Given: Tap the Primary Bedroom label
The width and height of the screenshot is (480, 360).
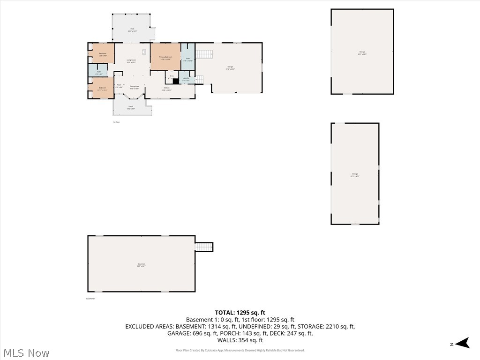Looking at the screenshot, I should click(x=165, y=57).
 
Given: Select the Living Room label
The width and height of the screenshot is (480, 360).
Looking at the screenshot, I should click(x=131, y=60).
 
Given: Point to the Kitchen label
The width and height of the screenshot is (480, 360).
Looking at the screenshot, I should click(x=166, y=88).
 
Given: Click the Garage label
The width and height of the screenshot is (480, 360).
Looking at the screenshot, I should click(x=230, y=67).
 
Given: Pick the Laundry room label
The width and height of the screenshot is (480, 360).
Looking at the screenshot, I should click(x=186, y=78).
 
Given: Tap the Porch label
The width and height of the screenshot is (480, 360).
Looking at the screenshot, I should click(x=131, y=107).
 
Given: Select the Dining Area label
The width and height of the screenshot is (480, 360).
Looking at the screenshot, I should click(x=134, y=87).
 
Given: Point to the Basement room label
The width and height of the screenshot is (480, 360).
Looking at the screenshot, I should click(x=142, y=264).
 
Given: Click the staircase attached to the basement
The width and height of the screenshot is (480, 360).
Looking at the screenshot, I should click(x=204, y=247).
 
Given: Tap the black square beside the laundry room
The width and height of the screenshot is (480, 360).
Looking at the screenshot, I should click(x=176, y=81).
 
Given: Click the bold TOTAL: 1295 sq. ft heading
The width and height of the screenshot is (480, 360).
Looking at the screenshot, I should click(x=240, y=313).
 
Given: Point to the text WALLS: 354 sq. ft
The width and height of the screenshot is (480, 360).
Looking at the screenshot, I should click(x=240, y=340).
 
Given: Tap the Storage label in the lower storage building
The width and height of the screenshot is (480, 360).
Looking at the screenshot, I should click(x=355, y=174).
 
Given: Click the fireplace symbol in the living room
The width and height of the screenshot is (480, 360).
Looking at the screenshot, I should click(x=144, y=52).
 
